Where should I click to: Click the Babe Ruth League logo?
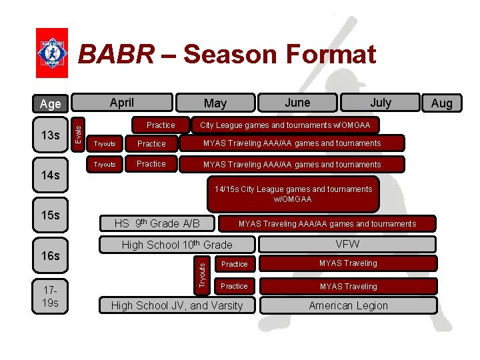click(x=51, y=53)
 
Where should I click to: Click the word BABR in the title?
click(x=115, y=55)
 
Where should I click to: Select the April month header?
click(x=122, y=103)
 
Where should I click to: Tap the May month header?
click(x=215, y=103)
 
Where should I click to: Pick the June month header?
click(x=297, y=102)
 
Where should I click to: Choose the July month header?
click(x=380, y=103)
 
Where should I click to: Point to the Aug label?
click(x=441, y=103)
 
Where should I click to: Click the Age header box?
click(x=50, y=103)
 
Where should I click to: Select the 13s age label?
click(x=50, y=136)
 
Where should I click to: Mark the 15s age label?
click(x=50, y=215)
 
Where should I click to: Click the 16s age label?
click(x=50, y=255)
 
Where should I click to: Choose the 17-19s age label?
click(x=50, y=297)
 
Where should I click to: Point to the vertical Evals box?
click(x=78, y=129)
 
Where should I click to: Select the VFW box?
click(x=347, y=244)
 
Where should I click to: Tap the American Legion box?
click(x=347, y=305)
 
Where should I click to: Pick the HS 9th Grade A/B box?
click(x=156, y=223)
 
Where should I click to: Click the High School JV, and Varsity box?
click(x=177, y=305)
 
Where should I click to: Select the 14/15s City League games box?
click(x=293, y=194)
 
